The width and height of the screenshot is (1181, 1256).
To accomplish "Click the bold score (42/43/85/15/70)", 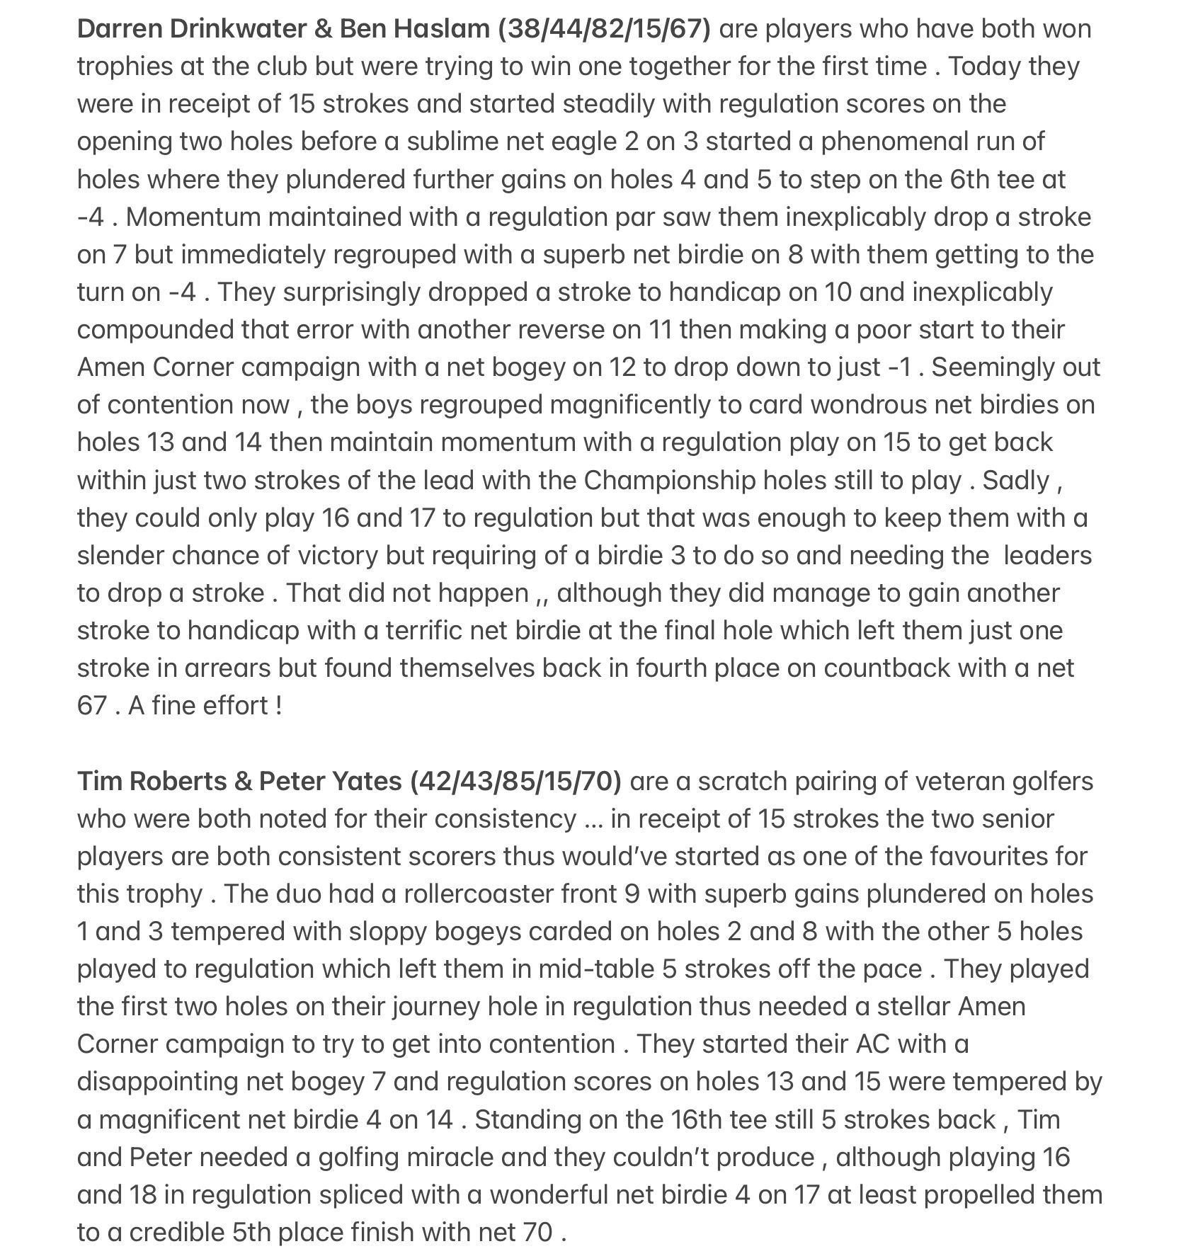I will coord(515,781).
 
